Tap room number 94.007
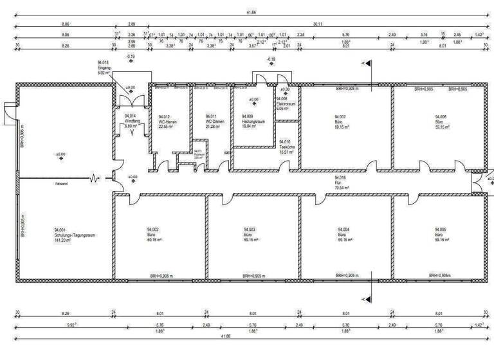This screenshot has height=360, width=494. point(341,116)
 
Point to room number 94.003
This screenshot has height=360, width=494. point(250,230)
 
